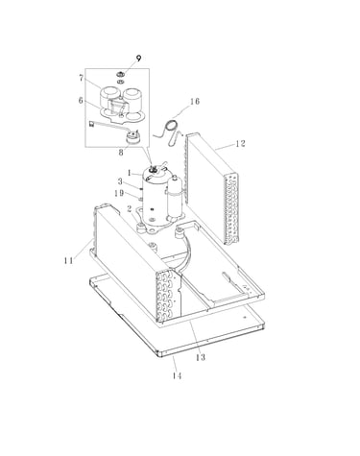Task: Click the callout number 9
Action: (138, 59)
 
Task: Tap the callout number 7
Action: (82, 78)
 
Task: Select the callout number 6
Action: (81, 101)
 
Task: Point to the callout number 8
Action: (121, 153)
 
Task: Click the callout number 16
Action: (195, 102)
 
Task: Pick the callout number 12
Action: (240, 144)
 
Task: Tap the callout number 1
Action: (130, 173)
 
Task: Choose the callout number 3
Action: (120, 181)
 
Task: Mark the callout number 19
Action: (119, 193)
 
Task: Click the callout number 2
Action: (130, 209)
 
